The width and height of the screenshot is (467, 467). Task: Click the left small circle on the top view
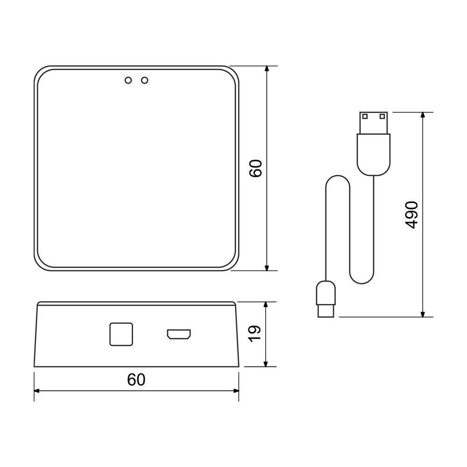tap(128, 80)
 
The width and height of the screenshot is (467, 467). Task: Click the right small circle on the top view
tap(145, 80)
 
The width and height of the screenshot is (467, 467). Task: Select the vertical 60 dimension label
tap(255, 169)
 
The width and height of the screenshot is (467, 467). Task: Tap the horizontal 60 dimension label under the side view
tap(136, 379)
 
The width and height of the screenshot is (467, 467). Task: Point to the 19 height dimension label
tap(255, 334)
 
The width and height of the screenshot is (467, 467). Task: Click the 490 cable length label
tap(412, 215)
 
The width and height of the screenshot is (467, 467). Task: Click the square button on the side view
tap(121, 334)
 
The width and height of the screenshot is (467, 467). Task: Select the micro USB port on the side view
tap(179, 334)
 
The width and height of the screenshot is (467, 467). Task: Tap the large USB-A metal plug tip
tap(374, 123)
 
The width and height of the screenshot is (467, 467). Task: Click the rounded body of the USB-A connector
tap(374, 155)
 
